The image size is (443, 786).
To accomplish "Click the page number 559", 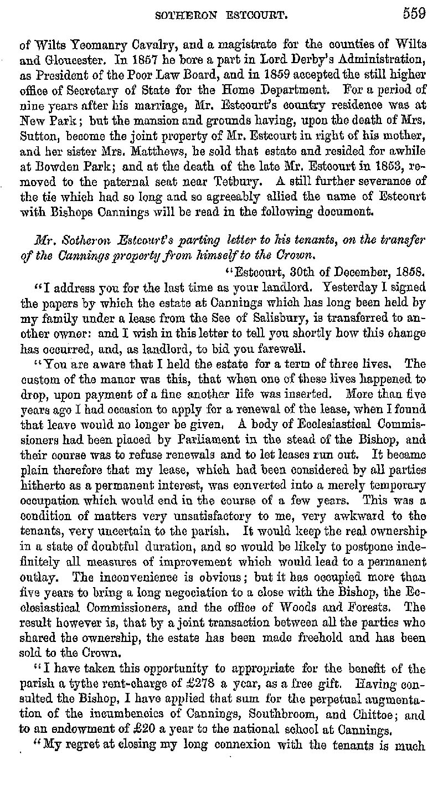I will click(414, 14).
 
